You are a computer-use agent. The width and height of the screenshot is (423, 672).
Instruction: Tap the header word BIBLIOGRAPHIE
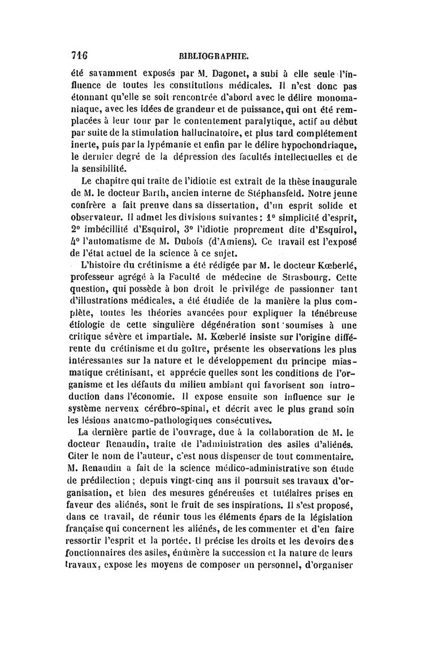click(x=214, y=55)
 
